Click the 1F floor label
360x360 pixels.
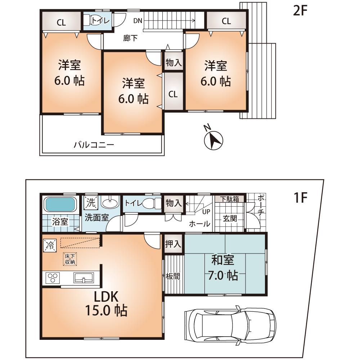tap(300, 198)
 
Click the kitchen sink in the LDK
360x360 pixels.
tap(84, 278)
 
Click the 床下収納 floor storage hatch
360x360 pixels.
tap(70, 259)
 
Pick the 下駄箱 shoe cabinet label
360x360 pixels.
tap(229, 199)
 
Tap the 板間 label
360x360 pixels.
tap(172, 276)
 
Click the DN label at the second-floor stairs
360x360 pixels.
tap(138, 21)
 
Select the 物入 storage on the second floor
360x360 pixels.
tap(174, 63)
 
